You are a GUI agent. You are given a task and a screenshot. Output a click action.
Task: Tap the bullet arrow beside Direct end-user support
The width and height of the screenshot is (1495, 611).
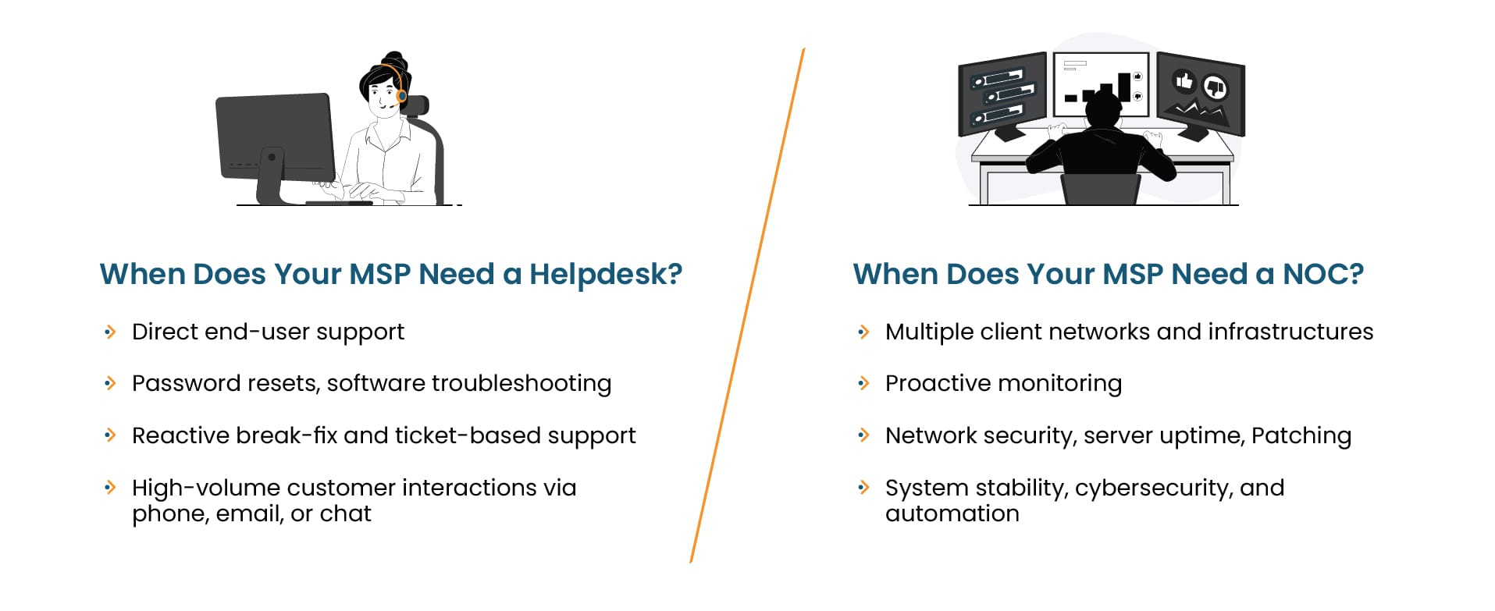110,332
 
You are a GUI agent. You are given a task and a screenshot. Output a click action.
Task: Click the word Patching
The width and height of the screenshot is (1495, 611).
1301,436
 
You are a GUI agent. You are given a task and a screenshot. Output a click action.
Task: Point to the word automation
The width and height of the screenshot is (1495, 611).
952,513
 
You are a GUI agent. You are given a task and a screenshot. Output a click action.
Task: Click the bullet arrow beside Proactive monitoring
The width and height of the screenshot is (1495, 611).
863,383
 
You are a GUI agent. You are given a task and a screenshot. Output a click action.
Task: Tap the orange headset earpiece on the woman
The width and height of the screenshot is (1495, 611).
401,97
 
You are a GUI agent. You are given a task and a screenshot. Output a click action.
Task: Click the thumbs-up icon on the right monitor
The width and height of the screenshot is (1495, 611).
1184,80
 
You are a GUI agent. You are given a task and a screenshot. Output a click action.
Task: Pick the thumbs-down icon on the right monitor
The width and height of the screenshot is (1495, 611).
1214,87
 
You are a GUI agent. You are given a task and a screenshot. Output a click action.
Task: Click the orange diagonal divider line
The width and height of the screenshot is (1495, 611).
747,305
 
